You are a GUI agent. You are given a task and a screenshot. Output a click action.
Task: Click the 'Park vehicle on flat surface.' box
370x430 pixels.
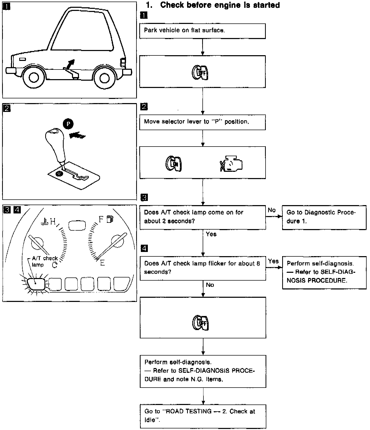click(202, 31)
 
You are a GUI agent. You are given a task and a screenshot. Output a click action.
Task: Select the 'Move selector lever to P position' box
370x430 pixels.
click(202, 122)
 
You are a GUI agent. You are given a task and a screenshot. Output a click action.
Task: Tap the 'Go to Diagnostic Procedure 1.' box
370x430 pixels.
click(324, 217)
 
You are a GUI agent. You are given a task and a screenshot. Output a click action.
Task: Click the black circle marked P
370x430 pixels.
click(68, 124)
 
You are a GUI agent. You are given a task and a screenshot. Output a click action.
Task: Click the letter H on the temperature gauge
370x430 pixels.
click(53, 222)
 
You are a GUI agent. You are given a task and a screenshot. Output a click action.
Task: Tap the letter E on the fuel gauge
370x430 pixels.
click(103, 263)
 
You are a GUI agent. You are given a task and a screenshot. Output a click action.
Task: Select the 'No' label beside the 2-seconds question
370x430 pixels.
click(272, 210)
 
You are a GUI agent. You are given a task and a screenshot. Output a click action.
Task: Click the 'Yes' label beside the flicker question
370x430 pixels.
click(273, 261)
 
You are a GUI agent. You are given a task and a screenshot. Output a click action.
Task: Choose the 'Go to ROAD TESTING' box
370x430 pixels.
click(203, 415)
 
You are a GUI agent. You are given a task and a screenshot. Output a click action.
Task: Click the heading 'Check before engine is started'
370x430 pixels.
click(220, 5)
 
